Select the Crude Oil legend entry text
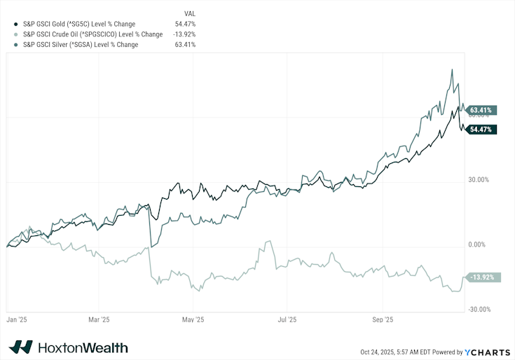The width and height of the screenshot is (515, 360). coord(92,34)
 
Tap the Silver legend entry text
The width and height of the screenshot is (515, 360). coord(81,45)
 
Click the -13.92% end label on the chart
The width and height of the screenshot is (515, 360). coord(483,277)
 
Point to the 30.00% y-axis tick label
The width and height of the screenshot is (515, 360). coord(479,179)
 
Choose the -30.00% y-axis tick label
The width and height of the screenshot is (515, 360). coord(479,310)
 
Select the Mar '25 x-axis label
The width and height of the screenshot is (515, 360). coord(99,319)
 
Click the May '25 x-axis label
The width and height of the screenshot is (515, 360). coord(193,319)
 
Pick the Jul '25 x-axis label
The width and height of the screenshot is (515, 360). coord(287,319)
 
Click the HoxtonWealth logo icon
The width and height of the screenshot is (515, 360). coord(21,347)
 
